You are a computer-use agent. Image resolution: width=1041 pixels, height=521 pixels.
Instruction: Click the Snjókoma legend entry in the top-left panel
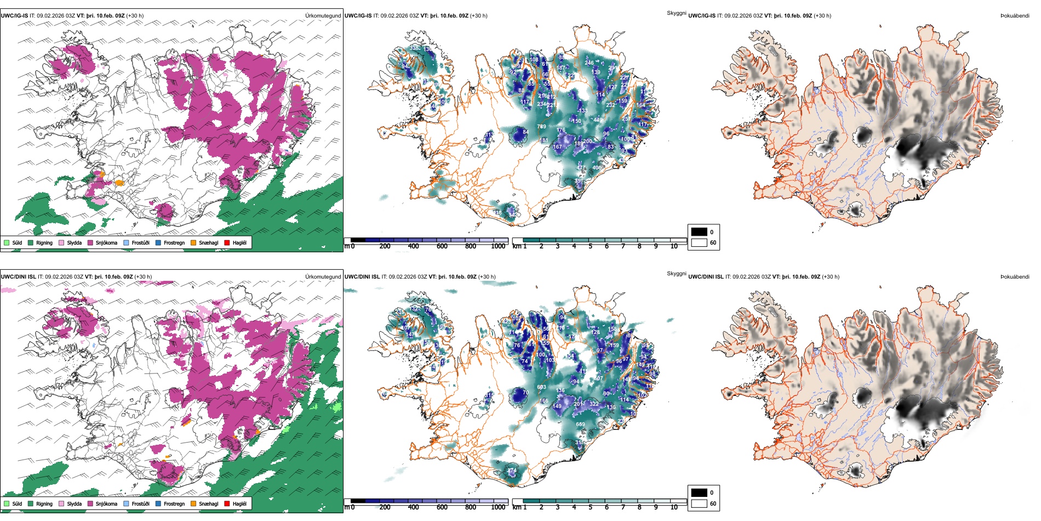[x=106, y=242]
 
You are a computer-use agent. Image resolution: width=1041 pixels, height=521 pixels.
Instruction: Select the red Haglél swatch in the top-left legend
[x=227, y=242]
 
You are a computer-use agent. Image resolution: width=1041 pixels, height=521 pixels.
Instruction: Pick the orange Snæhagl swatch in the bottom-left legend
[x=193, y=503]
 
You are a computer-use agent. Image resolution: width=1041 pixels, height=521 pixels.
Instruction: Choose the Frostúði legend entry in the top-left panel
[x=140, y=242]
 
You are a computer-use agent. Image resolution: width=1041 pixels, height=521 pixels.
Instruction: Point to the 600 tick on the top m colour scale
[x=442, y=246]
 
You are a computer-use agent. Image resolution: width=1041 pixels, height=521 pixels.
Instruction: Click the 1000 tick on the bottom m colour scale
[x=498, y=507]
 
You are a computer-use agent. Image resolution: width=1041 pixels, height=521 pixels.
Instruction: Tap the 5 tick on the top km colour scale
[x=591, y=246]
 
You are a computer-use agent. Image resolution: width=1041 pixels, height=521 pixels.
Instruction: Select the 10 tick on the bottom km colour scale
[x=674, y=507]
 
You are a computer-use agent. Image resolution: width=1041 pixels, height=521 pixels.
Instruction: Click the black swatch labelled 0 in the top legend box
[x=699, y=232]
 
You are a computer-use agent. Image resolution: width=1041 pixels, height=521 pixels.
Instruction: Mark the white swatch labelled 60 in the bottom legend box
[x=699, y=503]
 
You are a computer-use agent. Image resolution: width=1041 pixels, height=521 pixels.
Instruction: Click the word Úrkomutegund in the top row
[x=323, y=15]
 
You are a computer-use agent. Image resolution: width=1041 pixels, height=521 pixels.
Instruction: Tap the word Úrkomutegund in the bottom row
[x=323, y=276]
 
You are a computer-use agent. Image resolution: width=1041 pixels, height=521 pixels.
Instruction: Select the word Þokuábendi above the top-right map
[x=1015, y=15]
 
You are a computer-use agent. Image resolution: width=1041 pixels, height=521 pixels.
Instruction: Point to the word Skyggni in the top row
[x=677, y=13]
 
